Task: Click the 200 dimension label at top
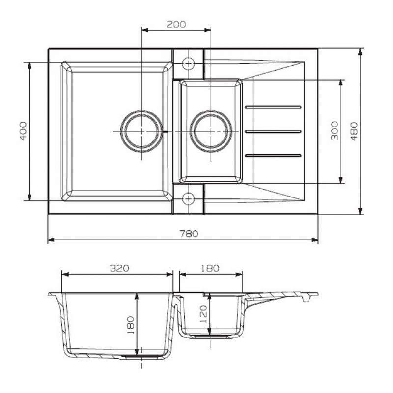(x=176, y=24)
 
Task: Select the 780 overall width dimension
(x=189, y=234)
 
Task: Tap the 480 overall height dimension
(x=354, y=131)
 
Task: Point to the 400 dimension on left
(x=23, y=131)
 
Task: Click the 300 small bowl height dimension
(x=335, y=131)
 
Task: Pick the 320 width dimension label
(x=119, y=268)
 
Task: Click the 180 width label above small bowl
(x=210, y=268)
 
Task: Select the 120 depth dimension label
(x=203, y=314)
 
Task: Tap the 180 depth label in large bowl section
(x=131, y=325)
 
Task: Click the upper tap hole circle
(x=188, y=64)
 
